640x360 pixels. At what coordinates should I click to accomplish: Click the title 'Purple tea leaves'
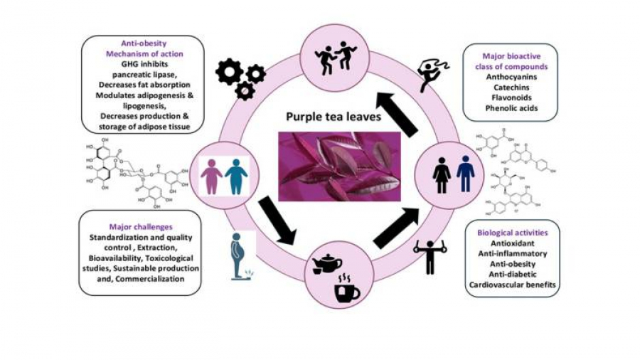(x=333, y=116)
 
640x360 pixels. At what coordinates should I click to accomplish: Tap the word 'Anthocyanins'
(x=510, y=76)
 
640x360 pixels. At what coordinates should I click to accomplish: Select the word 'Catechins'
(x=510, y=87)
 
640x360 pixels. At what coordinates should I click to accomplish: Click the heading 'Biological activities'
(x=511, y=233)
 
